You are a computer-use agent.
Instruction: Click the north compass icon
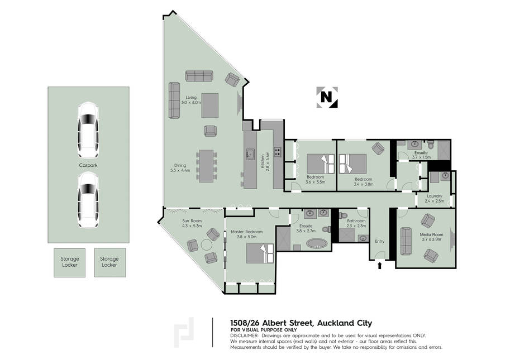(327, 97)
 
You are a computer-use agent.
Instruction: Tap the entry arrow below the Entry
(379, 266)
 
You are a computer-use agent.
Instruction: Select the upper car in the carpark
(88, 130)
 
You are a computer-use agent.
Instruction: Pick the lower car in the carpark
(88, 200)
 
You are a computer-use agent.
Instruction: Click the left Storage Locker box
(70, 262)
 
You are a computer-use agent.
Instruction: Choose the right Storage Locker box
(110, 262)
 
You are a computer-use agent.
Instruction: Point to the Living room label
(191, 100)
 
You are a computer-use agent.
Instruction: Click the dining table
(206, 166)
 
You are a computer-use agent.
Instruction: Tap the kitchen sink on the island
(250, 154)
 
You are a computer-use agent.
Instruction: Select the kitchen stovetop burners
(278, 152)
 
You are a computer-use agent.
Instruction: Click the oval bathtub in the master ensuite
(317, 244)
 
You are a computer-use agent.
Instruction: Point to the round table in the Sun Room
(207, 244)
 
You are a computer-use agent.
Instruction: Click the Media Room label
(431, 237)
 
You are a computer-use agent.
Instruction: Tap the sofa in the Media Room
(406, 241)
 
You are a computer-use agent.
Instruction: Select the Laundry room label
(434, 199)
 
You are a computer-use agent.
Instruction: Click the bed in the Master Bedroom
(260, 253)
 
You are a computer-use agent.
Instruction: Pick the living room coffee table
(210, 105)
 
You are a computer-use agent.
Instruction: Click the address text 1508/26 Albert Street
(271, 323)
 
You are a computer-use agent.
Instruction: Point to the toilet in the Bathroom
(343, 215)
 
